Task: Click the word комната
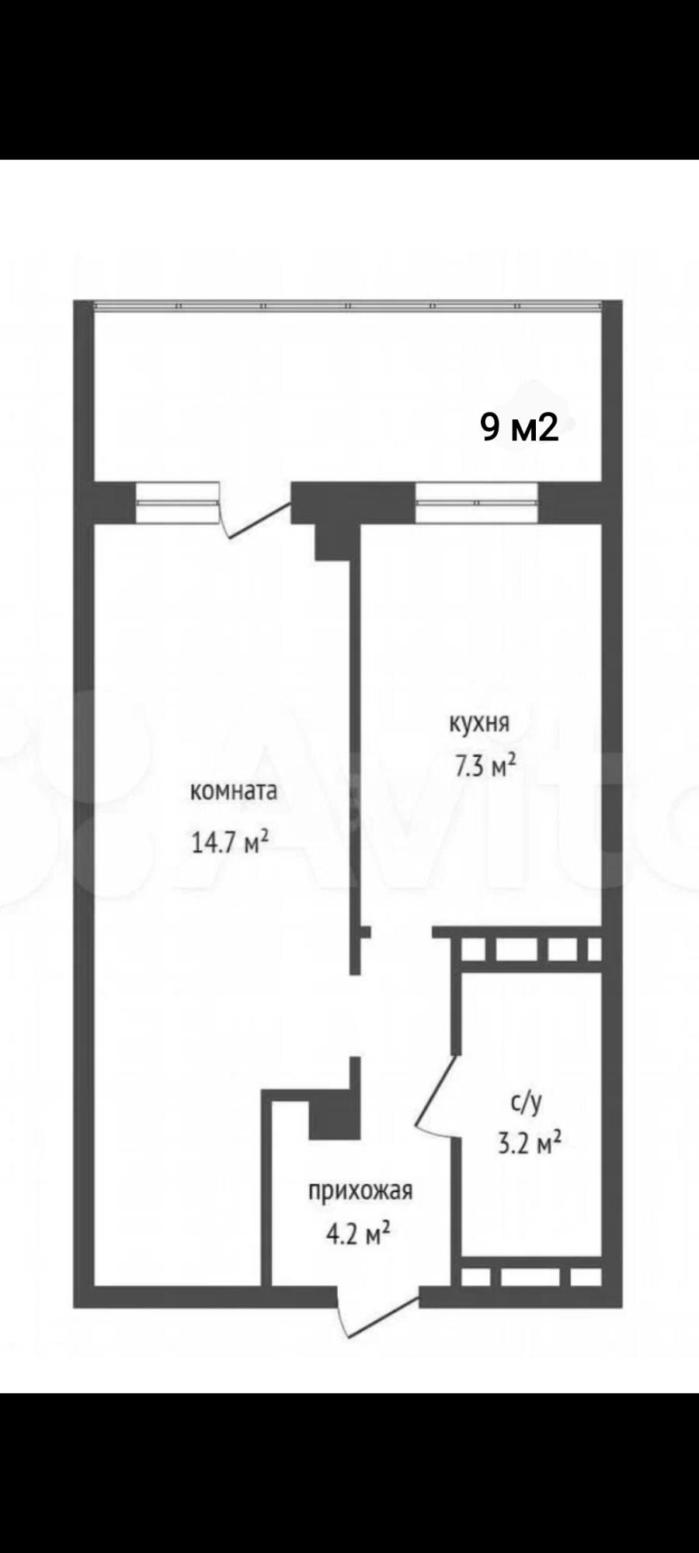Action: coord(234,791)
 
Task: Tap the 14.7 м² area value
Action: coord(231,842)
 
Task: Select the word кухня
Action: coord(479,724)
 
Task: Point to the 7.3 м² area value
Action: coord(485,767)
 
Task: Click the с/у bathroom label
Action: coord(526,1101)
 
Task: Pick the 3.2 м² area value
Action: coord(529,1144)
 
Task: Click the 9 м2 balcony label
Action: coord(520,427)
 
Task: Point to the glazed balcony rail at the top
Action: coord(348,306)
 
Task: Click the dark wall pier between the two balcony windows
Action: coord(353,502)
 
